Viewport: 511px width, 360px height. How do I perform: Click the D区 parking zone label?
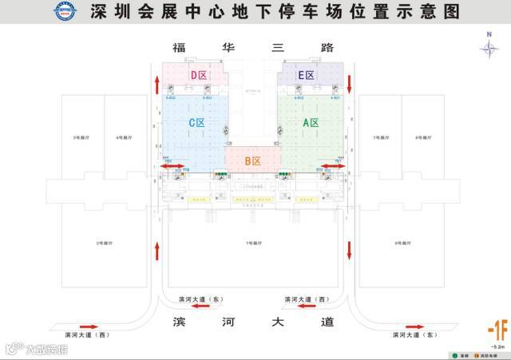pyautogui.click(x=199, y=75)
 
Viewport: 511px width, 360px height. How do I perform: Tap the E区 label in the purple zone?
pyautogui.click(x=306, y=75)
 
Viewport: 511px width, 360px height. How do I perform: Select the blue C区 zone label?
pyautogui.click(x=196, y=124)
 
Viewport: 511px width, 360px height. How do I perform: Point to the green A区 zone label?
pyautogui.click(x=311, y=123)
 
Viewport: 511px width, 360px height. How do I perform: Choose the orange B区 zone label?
pyautogui.click(x=252, y=161)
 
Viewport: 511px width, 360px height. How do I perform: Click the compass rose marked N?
pyautogui.click(x=489, y=47)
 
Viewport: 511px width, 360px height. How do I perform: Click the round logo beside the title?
pyautogui.click(x=63, y=11)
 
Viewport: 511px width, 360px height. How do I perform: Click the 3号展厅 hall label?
pyautogui.click(x=80, y=138)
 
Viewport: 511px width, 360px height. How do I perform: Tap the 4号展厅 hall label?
pyautogui.click(x=123, y=138)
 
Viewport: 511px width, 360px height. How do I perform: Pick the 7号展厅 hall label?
pyautogui.click(x=380, y=138)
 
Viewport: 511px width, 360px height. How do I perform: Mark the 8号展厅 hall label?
pyautogui.click(x=423, y=138)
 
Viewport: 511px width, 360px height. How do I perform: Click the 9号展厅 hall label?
pyautogui.click(x=402, y=242)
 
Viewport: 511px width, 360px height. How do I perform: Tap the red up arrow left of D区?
pyautogui.click(x=157, y=83)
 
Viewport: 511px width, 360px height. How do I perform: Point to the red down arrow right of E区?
pyautogui.click(x=349, y=83)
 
